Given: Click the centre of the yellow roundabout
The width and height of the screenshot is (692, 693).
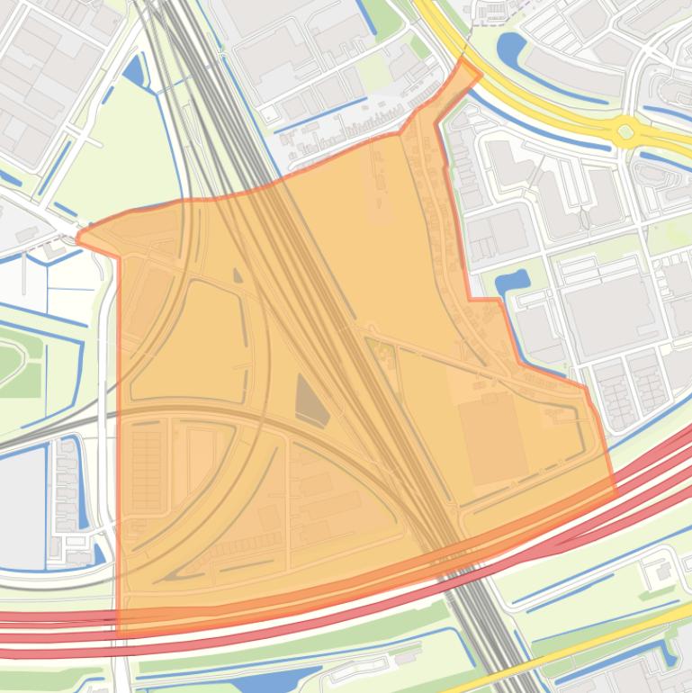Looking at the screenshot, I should [x=625, y=131].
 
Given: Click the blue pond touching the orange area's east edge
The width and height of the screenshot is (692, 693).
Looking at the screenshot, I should [x=511, y=282].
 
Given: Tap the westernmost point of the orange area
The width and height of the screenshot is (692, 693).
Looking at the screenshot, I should [x=78, y=238].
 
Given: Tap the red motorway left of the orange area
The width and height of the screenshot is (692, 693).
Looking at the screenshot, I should [x=54, y=620].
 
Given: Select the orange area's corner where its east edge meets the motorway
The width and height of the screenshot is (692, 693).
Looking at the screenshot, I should [x=614, y=491].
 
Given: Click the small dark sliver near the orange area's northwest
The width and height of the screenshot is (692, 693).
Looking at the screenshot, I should [x=237, y=275].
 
